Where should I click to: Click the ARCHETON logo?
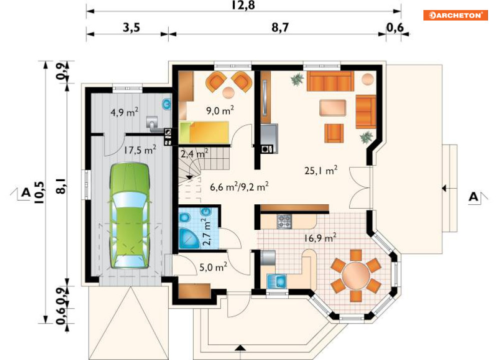pos(455,15)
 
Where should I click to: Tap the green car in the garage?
pos(130,216)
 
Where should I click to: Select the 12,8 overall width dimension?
pos(243,5)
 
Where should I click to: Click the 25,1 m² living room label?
pos(321,170)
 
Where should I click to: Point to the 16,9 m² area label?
pos(320,237)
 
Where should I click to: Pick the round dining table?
pos(356,275)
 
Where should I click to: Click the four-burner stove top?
pos(284,221)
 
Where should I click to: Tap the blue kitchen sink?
pos(277,281)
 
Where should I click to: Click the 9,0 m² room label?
pos(220,110)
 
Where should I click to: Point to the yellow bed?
pos(204,132)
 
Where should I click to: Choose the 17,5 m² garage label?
pos(140,149)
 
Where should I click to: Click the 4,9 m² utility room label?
pos(124,112)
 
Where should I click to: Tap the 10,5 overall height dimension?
pos(40,193)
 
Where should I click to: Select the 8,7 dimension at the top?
pos(280,28)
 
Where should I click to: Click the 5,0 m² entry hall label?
pos(213,267)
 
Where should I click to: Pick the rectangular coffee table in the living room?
pos(332,108)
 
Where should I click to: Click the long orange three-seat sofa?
pos(330,81)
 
